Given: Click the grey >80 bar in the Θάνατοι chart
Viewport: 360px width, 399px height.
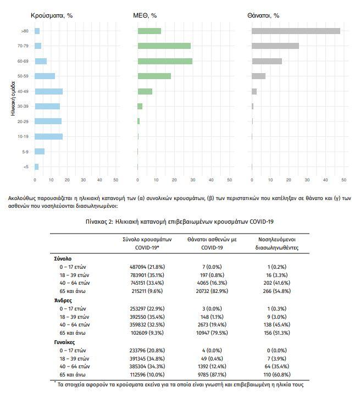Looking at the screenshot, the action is point(296,31).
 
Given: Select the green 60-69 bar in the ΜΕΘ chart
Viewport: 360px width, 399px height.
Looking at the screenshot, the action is point(165,61).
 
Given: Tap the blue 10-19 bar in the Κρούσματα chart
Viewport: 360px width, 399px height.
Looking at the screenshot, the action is point(48,137).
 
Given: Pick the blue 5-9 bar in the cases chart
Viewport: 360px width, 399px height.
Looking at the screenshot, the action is point(40,151).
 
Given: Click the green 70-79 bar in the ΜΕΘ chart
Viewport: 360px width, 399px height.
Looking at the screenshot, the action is point(164,46).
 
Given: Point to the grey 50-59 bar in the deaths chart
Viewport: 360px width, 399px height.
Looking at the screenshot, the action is point(258,76).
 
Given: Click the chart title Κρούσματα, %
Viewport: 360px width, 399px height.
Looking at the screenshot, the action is point(52,15).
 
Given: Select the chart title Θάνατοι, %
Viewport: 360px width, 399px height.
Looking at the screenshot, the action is point(263,15).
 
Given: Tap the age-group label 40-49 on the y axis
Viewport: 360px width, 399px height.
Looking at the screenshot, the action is point(23,91).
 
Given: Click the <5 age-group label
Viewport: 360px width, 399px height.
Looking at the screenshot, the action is point(26,167).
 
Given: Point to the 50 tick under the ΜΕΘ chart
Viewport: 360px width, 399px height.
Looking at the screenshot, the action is point(230,180).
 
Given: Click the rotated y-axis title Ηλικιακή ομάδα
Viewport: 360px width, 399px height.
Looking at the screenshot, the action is point(13,99).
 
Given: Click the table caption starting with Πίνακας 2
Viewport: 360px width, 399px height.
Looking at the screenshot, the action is point(180,221).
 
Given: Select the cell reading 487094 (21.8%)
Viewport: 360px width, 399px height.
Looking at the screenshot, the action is point(147,267).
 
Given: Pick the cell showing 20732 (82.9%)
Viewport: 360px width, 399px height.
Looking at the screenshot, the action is point(212,291).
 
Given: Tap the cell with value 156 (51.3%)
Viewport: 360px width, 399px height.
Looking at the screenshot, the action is point(277,333).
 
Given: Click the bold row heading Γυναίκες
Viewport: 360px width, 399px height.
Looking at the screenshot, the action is point(65,342).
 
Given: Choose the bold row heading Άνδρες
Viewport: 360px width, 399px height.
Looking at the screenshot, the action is point(63,301).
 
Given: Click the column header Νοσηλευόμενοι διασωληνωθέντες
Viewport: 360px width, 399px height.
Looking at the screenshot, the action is point(277,243).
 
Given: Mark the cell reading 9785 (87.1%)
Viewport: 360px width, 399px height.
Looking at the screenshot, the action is point(212,375).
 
